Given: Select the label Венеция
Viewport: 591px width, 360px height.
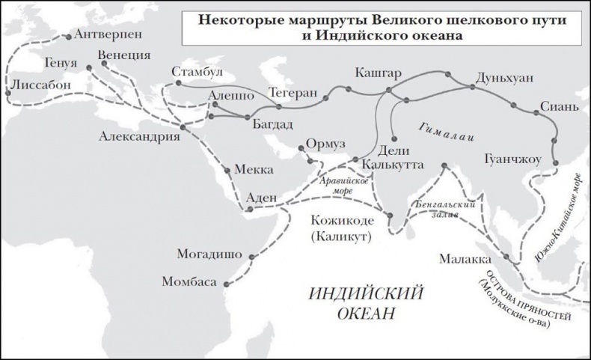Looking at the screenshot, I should point(123,55).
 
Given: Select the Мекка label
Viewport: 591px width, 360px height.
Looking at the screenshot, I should point(254,170).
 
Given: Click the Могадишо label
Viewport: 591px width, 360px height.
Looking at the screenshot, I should point(206,253).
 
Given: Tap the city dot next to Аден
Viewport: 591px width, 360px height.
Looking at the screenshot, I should point(251,209).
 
